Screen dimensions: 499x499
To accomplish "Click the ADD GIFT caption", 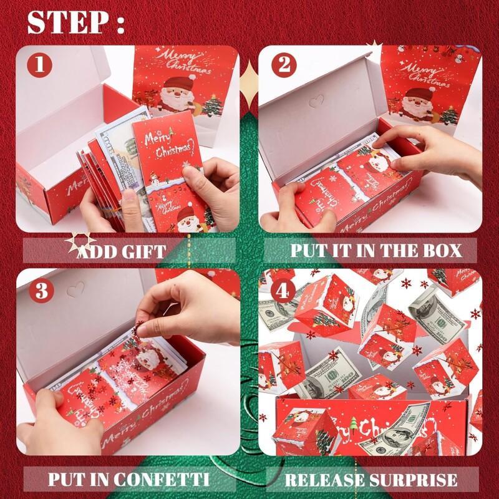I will pos(121,251).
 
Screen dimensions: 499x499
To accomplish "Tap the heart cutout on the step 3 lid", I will pos(75,288).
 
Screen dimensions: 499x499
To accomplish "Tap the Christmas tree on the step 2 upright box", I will pos(448,115).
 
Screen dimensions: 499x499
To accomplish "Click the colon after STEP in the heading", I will pos(119,24).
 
